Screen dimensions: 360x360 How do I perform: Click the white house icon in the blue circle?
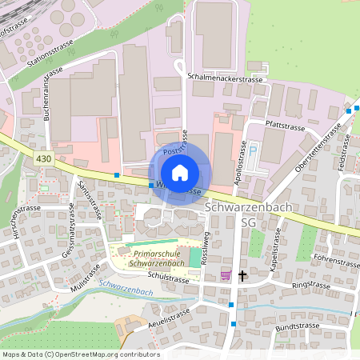coord(180,172)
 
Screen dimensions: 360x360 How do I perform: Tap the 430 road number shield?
coord(46,160)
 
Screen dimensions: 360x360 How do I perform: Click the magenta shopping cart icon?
coord(226,275)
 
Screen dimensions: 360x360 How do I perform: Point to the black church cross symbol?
coord(242,275)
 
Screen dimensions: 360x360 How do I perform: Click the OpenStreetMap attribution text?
coord(80,354)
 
